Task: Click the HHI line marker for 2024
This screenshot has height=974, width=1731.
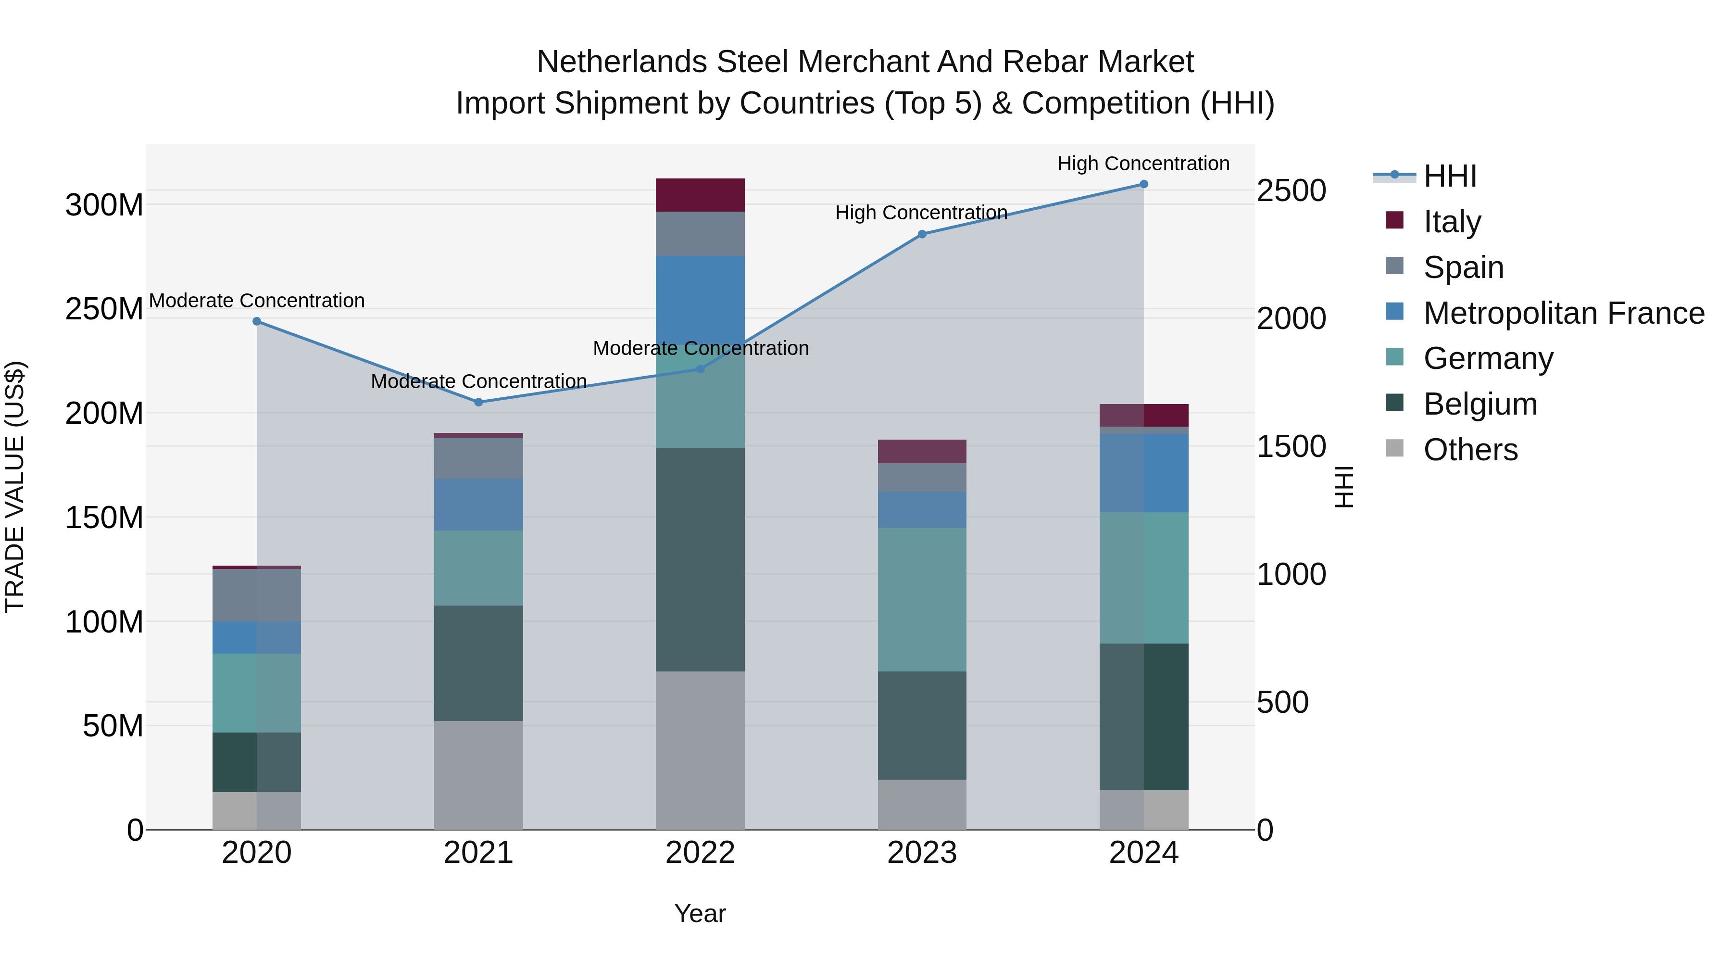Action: [1144, 184]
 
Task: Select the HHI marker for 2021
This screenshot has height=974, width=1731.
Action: [478, 403]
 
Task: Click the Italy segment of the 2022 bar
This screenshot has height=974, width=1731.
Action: [700, 195]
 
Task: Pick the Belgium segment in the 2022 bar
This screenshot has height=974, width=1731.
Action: [700, 559]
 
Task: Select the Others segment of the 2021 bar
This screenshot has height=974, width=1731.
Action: [478, 775]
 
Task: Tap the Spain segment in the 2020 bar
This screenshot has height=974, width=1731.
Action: [257, 595]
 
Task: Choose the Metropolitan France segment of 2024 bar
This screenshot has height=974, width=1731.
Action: [1144, 472]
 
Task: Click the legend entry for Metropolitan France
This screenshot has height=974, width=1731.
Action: [1563, 313]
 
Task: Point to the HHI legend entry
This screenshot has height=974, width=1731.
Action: [1449, 176]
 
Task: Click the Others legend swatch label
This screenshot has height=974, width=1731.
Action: [1470, 450]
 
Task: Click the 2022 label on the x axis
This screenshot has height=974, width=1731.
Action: [700, 853]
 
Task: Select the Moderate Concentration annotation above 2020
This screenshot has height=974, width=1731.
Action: [257, 301]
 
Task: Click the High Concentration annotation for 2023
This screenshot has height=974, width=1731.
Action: [921, 213]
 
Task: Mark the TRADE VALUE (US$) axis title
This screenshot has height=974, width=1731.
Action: [15, 487]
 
